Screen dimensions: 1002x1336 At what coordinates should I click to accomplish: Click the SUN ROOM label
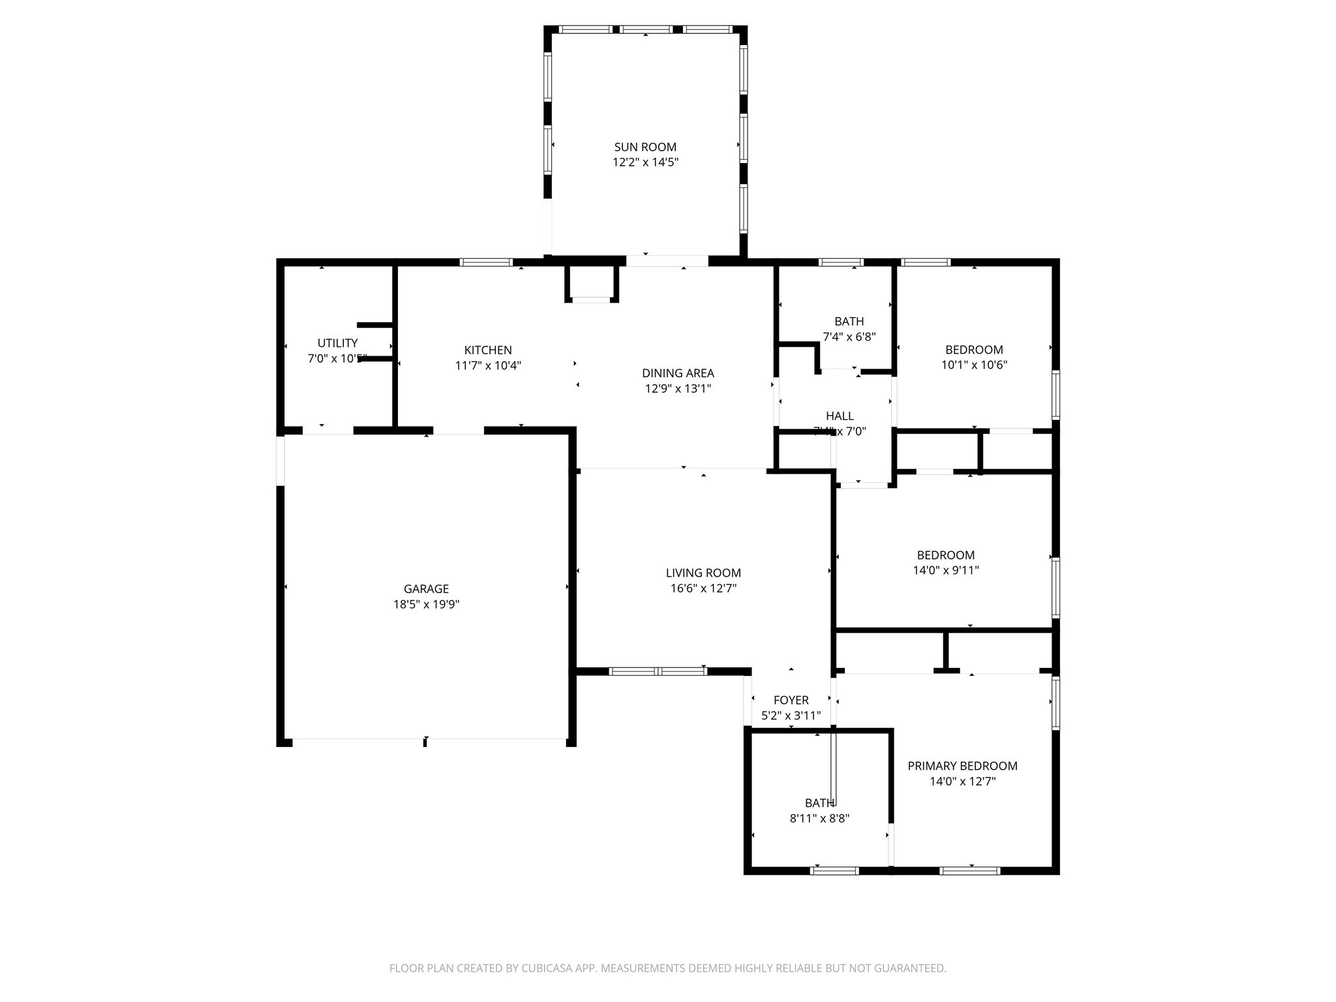coord(645,147)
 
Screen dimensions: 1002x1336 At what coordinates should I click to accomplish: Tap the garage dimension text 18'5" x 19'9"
coord(426,605)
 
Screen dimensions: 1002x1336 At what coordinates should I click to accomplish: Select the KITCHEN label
coord(488,350)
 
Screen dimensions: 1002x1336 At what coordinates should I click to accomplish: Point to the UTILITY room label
coord(337,343)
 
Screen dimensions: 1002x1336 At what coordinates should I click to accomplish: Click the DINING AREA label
coord(678,373)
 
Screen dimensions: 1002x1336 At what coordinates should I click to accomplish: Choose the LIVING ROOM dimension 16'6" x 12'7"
coord(703,588)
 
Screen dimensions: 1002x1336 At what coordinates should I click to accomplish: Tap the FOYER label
coord(791,700)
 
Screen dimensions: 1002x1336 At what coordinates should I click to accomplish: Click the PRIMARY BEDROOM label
coord(962,766)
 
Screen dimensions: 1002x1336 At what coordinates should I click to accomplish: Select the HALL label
coord(840,416)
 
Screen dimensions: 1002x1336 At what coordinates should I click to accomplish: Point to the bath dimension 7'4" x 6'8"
coord(849,337)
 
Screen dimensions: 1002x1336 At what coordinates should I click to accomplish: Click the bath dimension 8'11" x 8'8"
coord(819,819)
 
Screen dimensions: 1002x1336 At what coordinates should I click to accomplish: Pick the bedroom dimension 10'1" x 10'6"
coord(974,365)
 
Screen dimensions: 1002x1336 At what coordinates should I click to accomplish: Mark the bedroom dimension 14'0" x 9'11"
coord(945,571)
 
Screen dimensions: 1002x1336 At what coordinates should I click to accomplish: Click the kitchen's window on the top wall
coord(486,262)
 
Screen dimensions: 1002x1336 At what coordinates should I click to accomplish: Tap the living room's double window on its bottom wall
coord(658,671)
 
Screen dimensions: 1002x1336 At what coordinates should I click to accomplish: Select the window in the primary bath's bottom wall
coord(834,870)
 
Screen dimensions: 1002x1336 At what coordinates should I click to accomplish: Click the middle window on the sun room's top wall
coord(646,29)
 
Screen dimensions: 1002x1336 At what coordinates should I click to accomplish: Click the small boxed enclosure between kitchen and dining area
coord(591,283)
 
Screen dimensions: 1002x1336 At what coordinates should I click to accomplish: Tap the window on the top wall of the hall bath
coord(841,262)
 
